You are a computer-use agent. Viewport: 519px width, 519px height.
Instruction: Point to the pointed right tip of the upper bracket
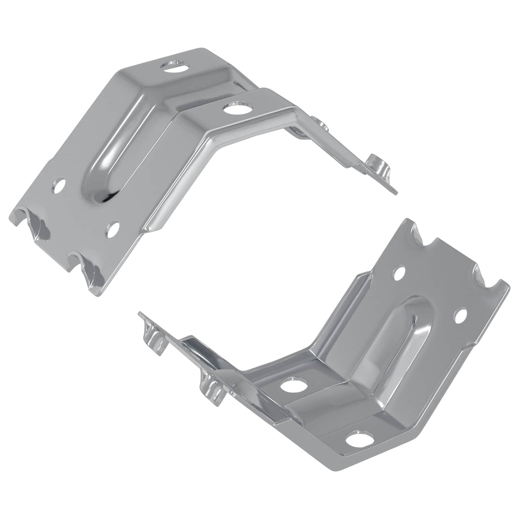tap(395, 192)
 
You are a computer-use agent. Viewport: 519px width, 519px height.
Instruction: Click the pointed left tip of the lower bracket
tap(140, 314)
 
